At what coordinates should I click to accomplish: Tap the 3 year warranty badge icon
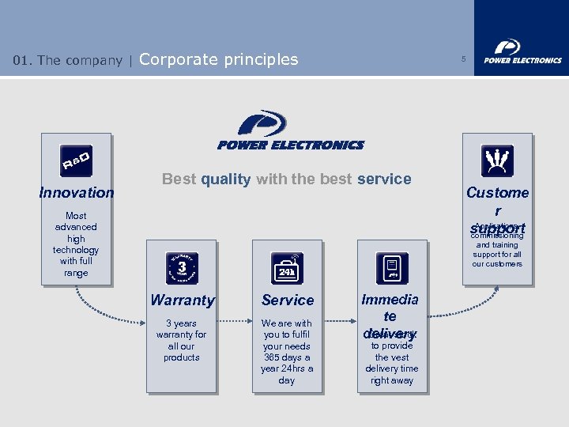pos(182,267)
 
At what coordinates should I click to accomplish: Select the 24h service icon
pos(287,268)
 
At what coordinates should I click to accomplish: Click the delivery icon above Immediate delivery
pos(392,268)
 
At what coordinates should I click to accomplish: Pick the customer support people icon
pos(497,161)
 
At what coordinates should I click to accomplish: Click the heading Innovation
pos(77,192)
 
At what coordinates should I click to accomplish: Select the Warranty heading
pos(183,300)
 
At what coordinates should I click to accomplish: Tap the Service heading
pos(288,300)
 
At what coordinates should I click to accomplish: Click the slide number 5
pos(464,59)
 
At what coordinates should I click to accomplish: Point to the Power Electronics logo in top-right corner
pos(522,51)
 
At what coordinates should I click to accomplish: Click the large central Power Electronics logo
pos(290,130)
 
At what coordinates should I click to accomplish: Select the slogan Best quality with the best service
pos(286,179)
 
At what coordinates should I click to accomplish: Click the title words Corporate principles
pos(219,59)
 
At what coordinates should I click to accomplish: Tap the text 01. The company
pos(68,60)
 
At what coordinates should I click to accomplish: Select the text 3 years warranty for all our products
pos(182,340)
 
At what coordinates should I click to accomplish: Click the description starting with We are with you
pos(287,351)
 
